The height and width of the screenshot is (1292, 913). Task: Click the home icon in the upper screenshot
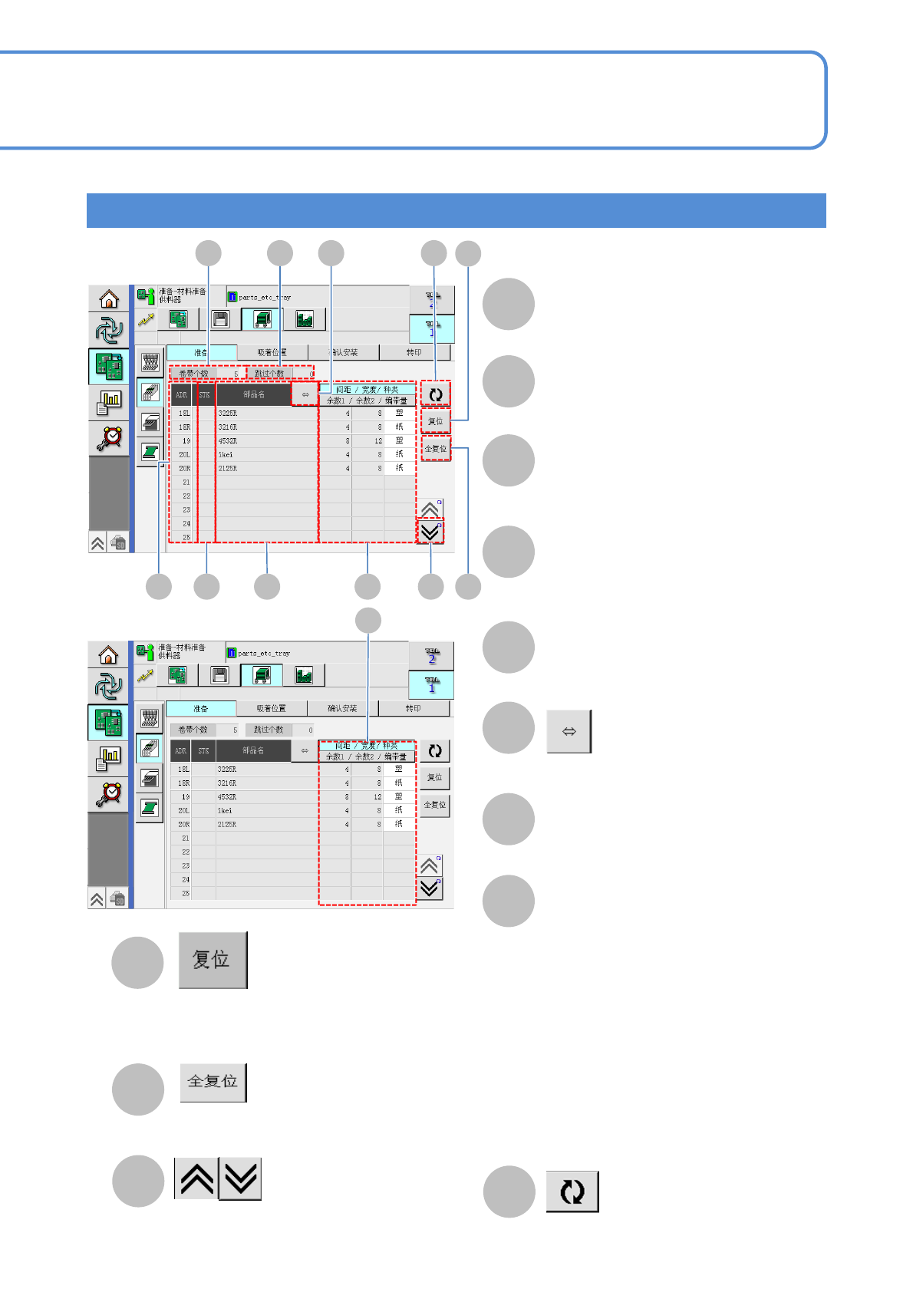(109, 298)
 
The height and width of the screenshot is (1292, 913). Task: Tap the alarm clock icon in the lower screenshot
(109, 794)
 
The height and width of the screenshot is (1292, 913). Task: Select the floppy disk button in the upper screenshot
(220, 319)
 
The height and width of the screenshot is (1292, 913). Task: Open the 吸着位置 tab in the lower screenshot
(271, 708)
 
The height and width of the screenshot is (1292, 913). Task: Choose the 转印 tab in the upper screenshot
(414, 352)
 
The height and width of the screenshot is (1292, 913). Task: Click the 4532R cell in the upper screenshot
(228, 441)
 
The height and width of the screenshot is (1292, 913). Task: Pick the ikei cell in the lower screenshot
(225, 810)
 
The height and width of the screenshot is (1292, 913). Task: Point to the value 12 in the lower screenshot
(377, 797)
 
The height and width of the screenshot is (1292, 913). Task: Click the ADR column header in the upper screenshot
(182, 395)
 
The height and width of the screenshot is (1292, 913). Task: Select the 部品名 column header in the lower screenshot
(253, 750)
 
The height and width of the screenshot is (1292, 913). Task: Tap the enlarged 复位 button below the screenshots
(213, 960)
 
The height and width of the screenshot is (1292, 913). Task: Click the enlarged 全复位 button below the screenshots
(213, 1082)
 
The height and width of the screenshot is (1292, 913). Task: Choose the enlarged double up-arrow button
(196, 1178)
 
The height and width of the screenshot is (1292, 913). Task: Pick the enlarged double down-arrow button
(240, 1178)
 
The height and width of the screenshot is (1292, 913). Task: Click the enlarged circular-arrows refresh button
(572, 1191)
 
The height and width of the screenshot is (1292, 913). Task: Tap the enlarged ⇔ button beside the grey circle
(569, 732)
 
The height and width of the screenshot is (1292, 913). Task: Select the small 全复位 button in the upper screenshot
(436, 449)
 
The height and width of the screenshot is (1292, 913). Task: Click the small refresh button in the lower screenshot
(435, 751)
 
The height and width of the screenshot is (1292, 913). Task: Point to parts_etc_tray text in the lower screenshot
(264, 654)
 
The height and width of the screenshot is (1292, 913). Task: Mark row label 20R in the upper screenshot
(185, 469)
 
